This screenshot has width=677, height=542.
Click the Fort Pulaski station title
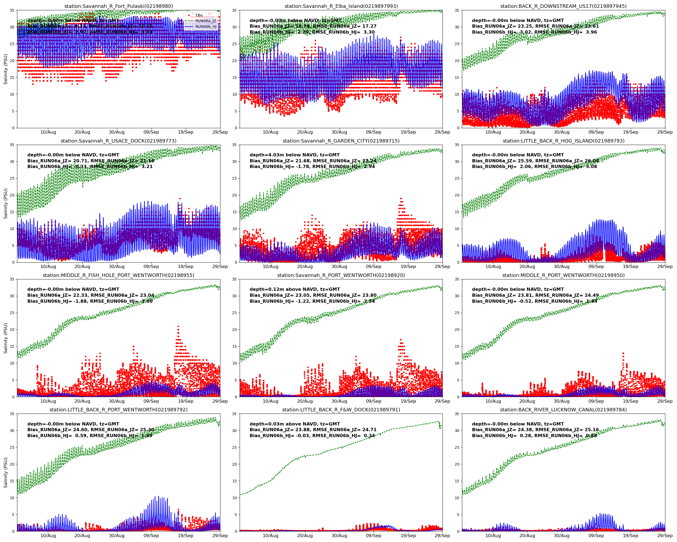coord(118,6)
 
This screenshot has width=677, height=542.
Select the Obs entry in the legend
coord(199,15)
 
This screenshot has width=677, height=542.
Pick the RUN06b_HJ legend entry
coord(206,27)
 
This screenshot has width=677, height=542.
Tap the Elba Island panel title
coord(341,6)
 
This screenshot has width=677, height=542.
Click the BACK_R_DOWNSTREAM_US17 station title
coord(563,6)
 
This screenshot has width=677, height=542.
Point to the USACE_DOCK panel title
coord(118,141)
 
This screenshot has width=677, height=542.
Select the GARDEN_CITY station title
coord(341,141)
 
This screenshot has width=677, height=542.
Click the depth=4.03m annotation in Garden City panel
coord(295,155)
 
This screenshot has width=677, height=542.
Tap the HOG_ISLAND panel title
coord(563,141)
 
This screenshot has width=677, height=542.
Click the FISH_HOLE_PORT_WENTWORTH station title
coord(118,275)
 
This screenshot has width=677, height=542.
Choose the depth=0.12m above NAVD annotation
coord(295,289)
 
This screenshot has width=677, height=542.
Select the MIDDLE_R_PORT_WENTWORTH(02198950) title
coord(563,275)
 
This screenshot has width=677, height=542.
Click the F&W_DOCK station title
coord(341,410)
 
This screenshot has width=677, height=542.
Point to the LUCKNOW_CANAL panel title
coord(563,410)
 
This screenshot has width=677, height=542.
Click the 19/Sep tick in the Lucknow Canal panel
coord(630,536)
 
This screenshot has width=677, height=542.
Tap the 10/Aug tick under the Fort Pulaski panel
coord(48,132)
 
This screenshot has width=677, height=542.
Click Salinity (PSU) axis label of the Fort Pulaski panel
coord(5,69)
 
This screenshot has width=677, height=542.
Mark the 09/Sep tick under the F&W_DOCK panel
coord(374,536)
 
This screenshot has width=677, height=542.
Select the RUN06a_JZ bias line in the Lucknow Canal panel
coord(535,430)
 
